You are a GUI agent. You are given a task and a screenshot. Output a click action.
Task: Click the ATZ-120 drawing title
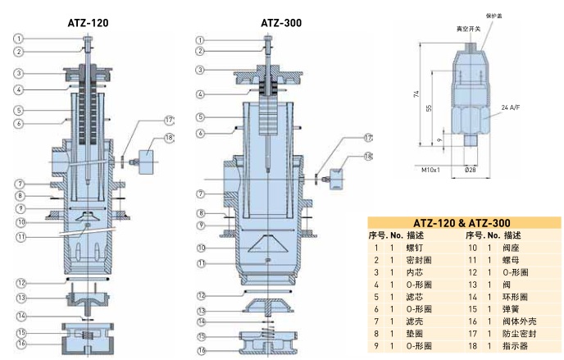coord(88,24)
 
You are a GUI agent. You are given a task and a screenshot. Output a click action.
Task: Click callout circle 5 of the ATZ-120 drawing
coord(19,110)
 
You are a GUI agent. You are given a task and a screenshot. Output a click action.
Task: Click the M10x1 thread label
coord(431,170)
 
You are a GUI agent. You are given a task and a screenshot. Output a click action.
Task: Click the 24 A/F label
coord(512,107)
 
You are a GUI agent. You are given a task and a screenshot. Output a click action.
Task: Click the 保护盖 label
coord(492,16)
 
